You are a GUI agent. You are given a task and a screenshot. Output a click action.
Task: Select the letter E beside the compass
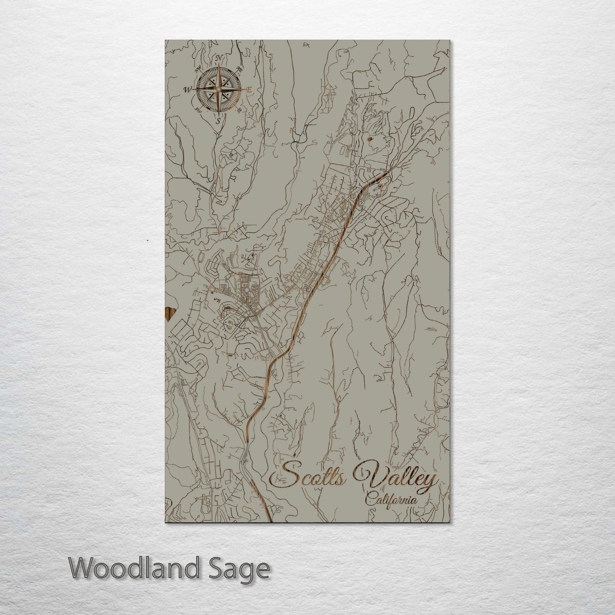point(250,89)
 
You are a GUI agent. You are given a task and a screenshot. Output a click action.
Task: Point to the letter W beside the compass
point(187,90)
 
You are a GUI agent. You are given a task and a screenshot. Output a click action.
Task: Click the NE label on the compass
point(240,69)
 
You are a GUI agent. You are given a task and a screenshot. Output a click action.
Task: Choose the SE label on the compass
point(239,110)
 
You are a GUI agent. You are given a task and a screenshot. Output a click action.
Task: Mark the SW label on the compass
point(197,110)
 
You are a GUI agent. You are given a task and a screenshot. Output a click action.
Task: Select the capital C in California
point(369,500)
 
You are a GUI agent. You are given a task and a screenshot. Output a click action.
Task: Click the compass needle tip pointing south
point(219,113)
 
